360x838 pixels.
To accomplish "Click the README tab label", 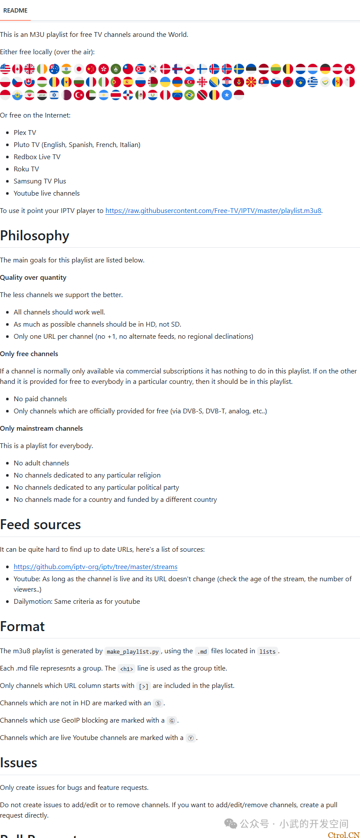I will [x=15, y=10].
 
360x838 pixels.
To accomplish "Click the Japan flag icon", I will [x=79, y=69].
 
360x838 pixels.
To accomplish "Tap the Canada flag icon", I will [x=17, y=69].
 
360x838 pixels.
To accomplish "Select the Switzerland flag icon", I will [x=350, y=69].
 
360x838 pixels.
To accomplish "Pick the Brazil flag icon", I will [x=190, y=95].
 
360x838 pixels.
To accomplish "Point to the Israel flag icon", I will [x=54, y=95].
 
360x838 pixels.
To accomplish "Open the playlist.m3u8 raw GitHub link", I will [x=213, y=211].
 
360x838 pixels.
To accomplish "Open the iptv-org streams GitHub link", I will [x=95, y=567].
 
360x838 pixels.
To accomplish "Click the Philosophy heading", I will [x=35, y=236].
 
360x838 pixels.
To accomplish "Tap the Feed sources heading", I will [x=40, y=525].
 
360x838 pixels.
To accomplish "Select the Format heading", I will [x=23, y=626].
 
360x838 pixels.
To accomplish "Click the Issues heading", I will [x=19, y=763].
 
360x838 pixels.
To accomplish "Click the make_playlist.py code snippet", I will [x=133, y=651].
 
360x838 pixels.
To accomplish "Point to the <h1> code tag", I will [x=126, y=669].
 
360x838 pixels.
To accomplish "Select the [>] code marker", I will [x=144, y=686].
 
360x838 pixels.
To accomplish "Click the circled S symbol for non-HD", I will [x=158, y=704].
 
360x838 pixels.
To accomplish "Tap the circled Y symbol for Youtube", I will [x=191, y=738].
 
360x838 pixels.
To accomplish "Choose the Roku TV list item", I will [x=26, y=169].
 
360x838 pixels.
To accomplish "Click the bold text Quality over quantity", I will [x=33, y=278].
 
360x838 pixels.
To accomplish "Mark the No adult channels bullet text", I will [x=41, y=463].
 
